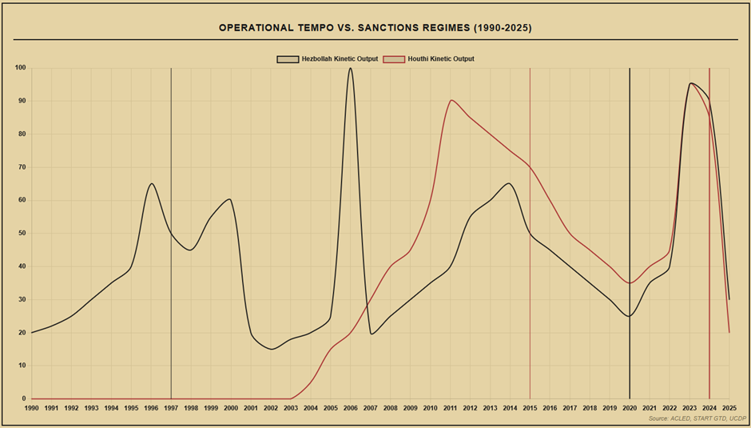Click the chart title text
[375, 28]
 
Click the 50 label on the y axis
[22, 233]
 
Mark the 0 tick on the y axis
[23, 398]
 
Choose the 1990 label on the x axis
[32, 408]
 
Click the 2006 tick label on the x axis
[350, 408]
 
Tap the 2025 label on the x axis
[729, 408]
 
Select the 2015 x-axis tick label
[530, 408]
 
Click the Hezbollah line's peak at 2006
[350, 68]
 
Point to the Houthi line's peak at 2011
[451, 101]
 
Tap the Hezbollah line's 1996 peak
[151, 184]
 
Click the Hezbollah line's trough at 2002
[271, 349]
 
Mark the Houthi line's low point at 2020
[630, 282]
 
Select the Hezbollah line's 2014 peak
[510, 184]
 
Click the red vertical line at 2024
[709, 240]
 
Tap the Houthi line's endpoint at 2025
[729, 332]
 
